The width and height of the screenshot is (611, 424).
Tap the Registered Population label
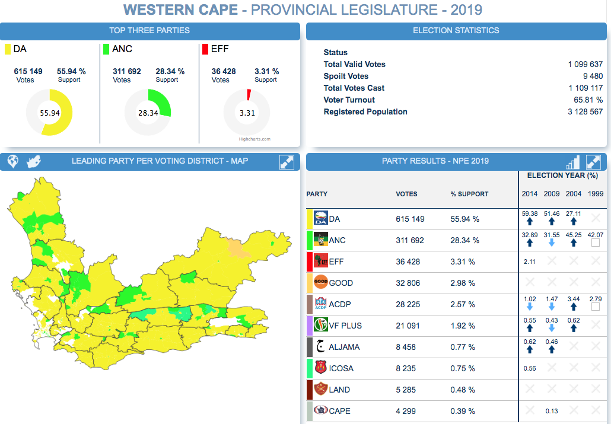365,111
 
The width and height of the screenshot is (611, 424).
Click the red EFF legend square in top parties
205,49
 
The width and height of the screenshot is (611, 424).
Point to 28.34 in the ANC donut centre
148,113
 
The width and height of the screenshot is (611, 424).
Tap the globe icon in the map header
12,161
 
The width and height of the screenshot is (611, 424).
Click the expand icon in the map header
287,161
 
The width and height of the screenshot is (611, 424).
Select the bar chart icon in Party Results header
572,162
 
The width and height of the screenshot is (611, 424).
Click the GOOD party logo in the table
320,283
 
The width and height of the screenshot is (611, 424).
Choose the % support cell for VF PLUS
463,326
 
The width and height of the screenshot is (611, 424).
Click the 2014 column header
530,194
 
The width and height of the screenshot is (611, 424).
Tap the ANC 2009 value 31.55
552,235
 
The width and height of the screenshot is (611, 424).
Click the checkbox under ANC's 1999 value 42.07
596,243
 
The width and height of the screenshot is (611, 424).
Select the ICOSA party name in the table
341,368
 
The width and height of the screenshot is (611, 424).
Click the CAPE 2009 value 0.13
552,411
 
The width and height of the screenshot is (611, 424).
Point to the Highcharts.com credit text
254,139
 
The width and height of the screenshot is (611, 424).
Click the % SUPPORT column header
469,194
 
